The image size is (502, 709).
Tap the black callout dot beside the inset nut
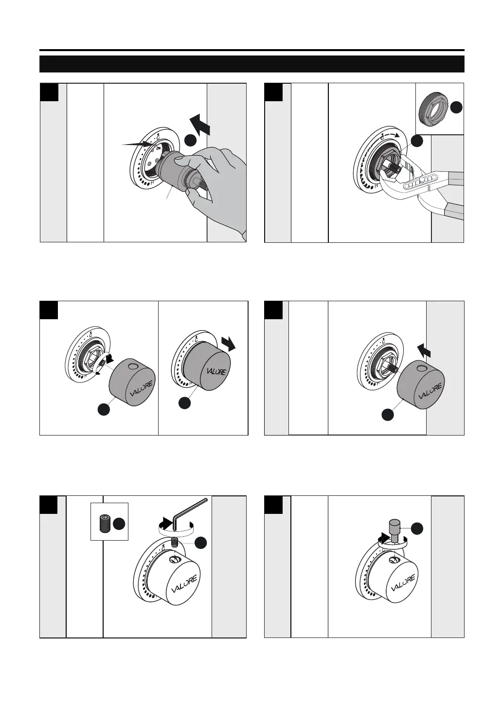coord(456,108)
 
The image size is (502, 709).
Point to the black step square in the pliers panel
coord(273,92)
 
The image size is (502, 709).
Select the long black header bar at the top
coord(251,64)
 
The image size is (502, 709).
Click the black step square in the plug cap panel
coord(273,505)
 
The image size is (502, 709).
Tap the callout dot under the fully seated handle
coord(184,403)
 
